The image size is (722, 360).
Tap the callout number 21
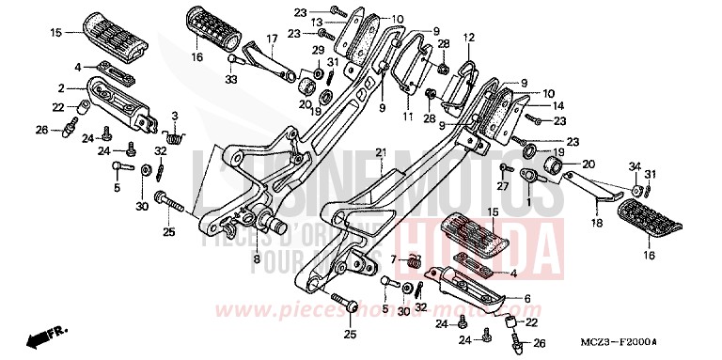click(381, 152)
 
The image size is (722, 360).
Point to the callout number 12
click(469, 37)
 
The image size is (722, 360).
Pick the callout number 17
click(272, 39)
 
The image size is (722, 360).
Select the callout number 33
click(231, 80)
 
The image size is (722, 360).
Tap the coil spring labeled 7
click(410, 260)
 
